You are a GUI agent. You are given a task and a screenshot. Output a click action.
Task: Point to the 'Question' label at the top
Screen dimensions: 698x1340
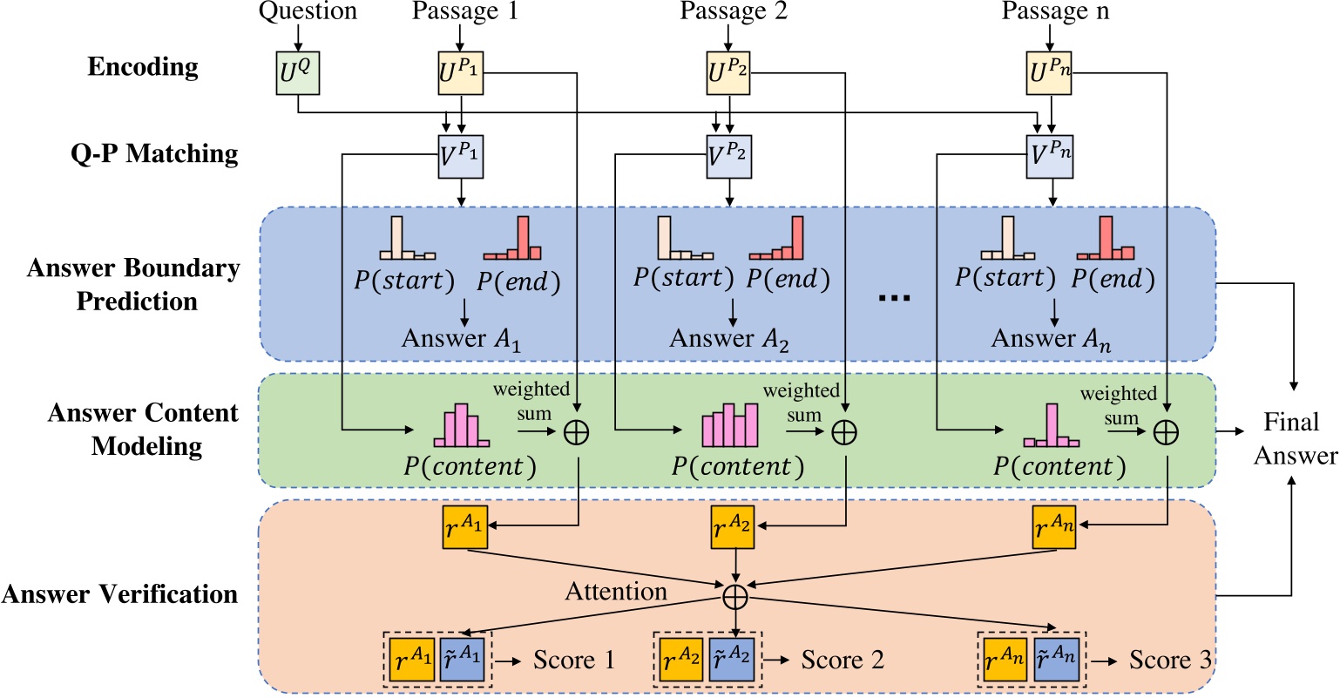(x=308, y=11)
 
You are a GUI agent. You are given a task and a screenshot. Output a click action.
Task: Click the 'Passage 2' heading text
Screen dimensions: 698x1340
(x=734, y=11)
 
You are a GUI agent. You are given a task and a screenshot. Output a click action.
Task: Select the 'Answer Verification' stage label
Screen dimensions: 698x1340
(x=119, y=594)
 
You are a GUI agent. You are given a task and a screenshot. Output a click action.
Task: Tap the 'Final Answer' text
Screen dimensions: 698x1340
(x=1295, y=439)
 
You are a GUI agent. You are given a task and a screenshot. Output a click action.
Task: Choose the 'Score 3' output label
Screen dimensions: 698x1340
(x=1170, y=660)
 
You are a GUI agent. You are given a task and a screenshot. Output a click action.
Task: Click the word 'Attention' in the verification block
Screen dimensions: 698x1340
(x=616, y=592)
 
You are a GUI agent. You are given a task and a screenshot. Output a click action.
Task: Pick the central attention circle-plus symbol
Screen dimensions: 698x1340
(x=736, y=595)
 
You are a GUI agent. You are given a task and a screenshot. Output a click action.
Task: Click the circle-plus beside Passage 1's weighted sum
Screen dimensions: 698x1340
(x=577, y=432)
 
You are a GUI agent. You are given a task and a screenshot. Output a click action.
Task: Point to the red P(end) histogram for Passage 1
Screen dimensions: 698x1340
(x=512, y=240)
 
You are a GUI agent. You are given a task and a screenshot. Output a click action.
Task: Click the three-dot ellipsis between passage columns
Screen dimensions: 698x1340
(x=895, y=298)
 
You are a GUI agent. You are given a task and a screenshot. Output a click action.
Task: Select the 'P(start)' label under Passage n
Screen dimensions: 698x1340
(x=1005, y=278)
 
